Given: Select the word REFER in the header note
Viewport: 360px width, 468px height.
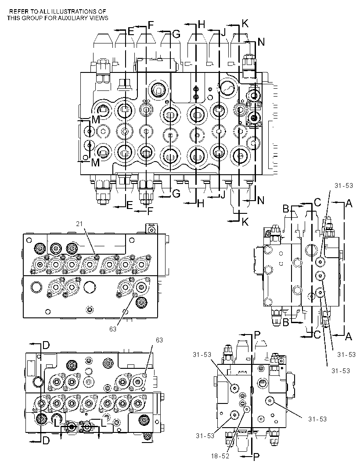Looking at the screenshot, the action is pos(16,12).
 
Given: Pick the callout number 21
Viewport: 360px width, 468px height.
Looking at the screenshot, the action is pos(79,224).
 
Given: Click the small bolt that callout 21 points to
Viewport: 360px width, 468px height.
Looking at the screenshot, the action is pos(96,256).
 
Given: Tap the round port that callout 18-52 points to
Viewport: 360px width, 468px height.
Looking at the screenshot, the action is pos(247,410).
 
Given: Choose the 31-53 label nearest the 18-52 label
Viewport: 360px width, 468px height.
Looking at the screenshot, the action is pos(205,436).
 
